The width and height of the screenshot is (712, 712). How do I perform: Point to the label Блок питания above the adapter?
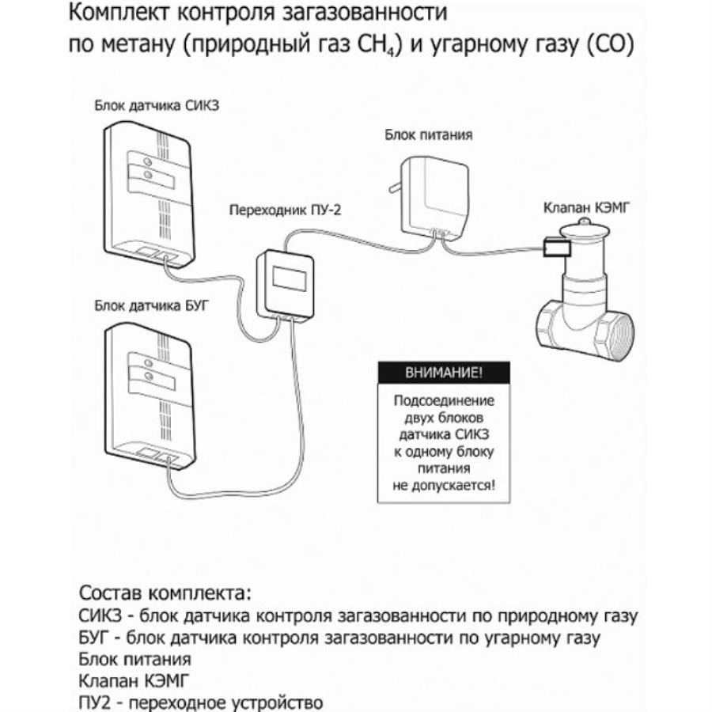[429, 134]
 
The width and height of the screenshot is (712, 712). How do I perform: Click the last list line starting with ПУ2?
[202, 702]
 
